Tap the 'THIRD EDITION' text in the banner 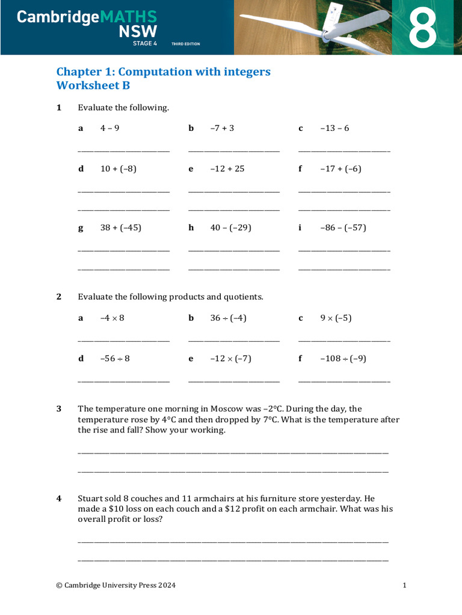185,44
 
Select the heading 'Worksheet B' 93,85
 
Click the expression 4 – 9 109,128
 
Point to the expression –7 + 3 222,128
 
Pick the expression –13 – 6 334,128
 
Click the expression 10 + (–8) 118,169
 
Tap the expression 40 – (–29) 230,228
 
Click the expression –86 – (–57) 343,228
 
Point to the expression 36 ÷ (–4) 228,318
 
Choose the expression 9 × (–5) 336,318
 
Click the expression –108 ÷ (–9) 343,359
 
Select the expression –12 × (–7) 230,359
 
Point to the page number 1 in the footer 404,585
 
